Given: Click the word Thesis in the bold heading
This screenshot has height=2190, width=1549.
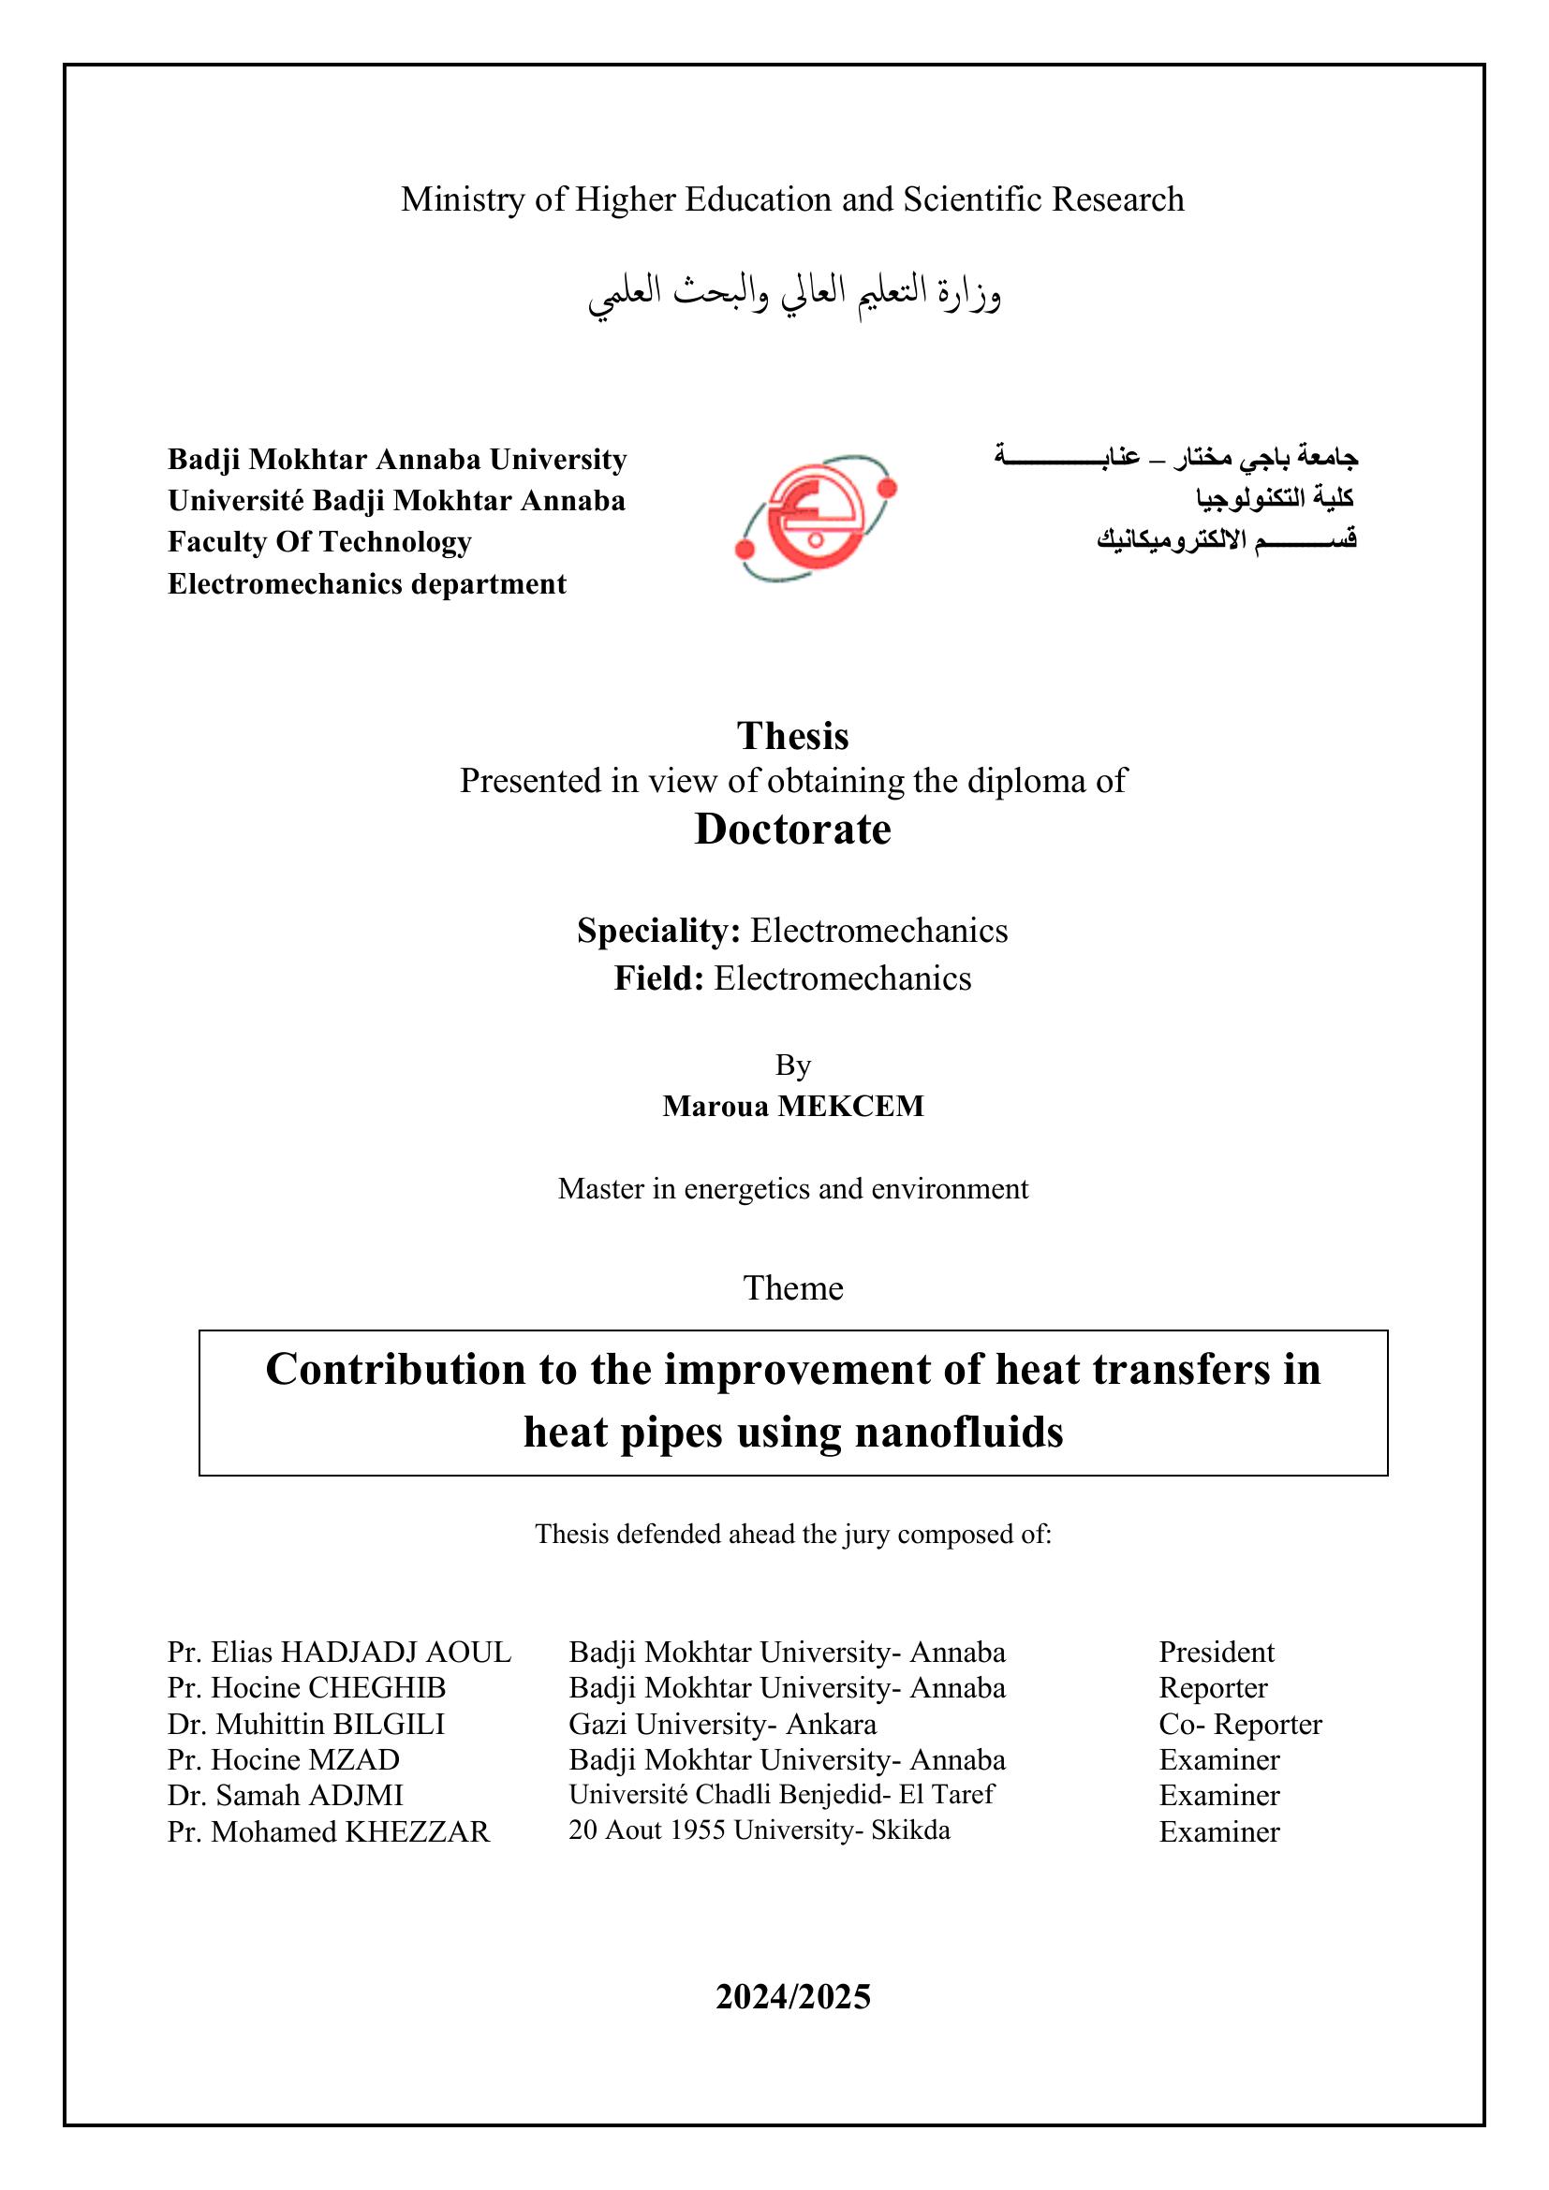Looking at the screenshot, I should pyautogui.click(x=791, y=736).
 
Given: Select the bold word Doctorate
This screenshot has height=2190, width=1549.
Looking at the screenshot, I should pyautogui.click(x=791, y=829).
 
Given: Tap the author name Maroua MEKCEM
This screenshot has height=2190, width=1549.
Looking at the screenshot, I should pyautogui.click(x=792, y=1106).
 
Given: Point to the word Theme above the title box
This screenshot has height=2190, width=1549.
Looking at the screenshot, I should pyautogui.click(x=792, y=1287).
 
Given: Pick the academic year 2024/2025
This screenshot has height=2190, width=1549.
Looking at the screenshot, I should pyautogui.click(x=792, y=1995).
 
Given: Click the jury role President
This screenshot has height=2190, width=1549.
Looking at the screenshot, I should pyautogui.click(x=1217, y=1652).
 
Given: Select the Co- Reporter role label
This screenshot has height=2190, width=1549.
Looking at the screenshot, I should pyautogui.click(x=1240, y=1724).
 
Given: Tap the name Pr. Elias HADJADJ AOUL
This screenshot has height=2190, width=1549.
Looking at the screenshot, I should pyautogui.click(x=340, y=1652).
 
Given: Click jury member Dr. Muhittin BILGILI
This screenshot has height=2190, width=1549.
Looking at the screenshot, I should pyautogui.click(x=306, y=1724).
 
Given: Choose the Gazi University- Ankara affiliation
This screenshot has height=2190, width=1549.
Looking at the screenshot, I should pyautogui.click(x=722, y=1724).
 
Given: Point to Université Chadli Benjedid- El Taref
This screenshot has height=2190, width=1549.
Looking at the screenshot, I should pyautogui.click(x=781, y=1794).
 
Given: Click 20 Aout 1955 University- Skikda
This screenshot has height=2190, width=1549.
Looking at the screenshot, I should pyautogui.click(x=760, y=1830).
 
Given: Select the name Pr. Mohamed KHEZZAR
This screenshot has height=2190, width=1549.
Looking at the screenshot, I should pyautogui.click(x=328, y=1831).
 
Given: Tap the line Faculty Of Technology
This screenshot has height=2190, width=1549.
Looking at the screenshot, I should pyautogui.click(x=319, y=542).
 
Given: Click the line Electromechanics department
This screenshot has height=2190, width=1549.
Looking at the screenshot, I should pyautogui.click(x=367, y=583).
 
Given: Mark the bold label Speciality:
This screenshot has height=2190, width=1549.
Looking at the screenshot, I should pyautogui.click(x=658, y=930).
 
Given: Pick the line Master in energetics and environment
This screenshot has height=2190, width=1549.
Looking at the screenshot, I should pyautogui.click(x=792, y=1188).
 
